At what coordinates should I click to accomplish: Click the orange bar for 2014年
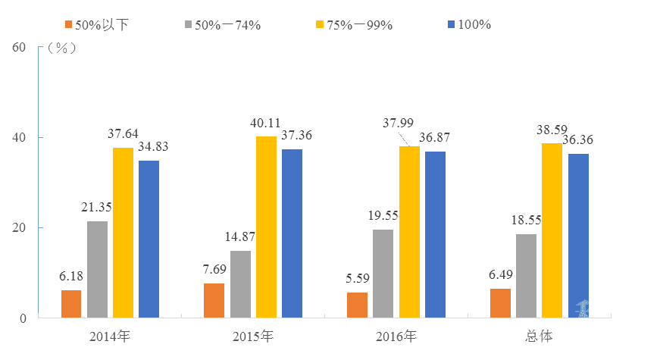(71, 303)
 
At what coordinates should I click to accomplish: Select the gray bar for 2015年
(240, 283)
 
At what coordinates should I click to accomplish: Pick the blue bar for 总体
(578, 235)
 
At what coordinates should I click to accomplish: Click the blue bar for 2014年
(149, 239)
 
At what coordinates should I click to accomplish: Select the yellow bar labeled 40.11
(266, 227)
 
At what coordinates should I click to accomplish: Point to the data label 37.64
(123, 133)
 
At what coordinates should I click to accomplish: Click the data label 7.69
(214, 270)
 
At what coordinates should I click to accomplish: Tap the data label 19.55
(383, 215)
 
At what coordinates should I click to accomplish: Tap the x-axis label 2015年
(252, 335)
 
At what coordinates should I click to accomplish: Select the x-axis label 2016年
(396, 335)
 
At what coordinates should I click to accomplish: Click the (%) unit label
(61, 47)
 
